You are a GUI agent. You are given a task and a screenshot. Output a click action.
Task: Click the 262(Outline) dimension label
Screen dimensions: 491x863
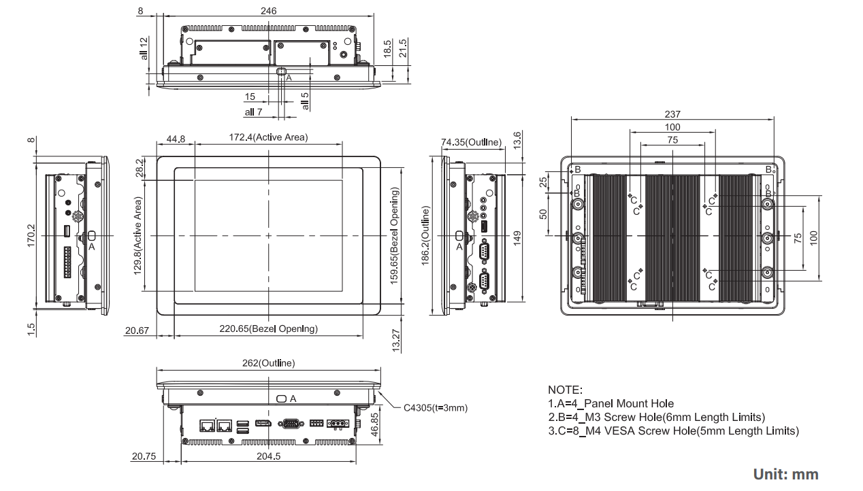pyautogui.click(x=269, y=363)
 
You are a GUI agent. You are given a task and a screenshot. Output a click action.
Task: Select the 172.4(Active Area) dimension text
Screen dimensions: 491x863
pyautogui.click(x=267, y=137)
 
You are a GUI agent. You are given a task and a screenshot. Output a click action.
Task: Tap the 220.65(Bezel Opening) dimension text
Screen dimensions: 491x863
pyautogui.click(x=268, y=329)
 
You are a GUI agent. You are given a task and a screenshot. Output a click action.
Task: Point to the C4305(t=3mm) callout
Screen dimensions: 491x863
pyautogui.click(x=436, y=408)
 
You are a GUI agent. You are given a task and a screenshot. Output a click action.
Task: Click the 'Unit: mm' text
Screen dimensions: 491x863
pyautogui.click(x=785, y=474)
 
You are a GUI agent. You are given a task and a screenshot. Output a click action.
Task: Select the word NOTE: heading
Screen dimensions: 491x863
pyautogui.click(x=565, y=390)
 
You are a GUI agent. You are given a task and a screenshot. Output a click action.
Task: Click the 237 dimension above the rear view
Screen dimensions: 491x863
pyautogui.click(x=672, y=114)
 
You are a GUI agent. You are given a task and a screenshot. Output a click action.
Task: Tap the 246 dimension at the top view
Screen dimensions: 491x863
pyautogui.click(x=269, y=11)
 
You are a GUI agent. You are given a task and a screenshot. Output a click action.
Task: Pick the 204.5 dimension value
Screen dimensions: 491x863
pyautogui.click(x=268, y=456)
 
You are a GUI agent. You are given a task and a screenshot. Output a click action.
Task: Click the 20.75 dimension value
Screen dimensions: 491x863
pyautogui.click(x=143, y=456)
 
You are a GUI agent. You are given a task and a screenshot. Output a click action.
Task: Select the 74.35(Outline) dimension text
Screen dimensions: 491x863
pyautogui.click(x=471, y=142)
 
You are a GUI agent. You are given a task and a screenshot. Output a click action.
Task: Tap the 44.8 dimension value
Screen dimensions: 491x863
pyautogui.click(x=176, y=139)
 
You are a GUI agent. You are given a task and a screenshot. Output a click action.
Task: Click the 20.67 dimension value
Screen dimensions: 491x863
pyautogui.click(x=137, y=331)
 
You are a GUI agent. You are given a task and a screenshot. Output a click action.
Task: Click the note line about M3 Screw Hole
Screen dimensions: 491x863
pyautogui.click(x=656, y=417)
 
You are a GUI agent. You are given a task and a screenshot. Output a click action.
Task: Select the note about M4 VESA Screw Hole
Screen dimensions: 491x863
pyautogui.click(x=673, y=430)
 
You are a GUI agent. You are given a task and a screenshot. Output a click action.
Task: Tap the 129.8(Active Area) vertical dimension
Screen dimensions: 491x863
pyautogui.click(x=138, y=235)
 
